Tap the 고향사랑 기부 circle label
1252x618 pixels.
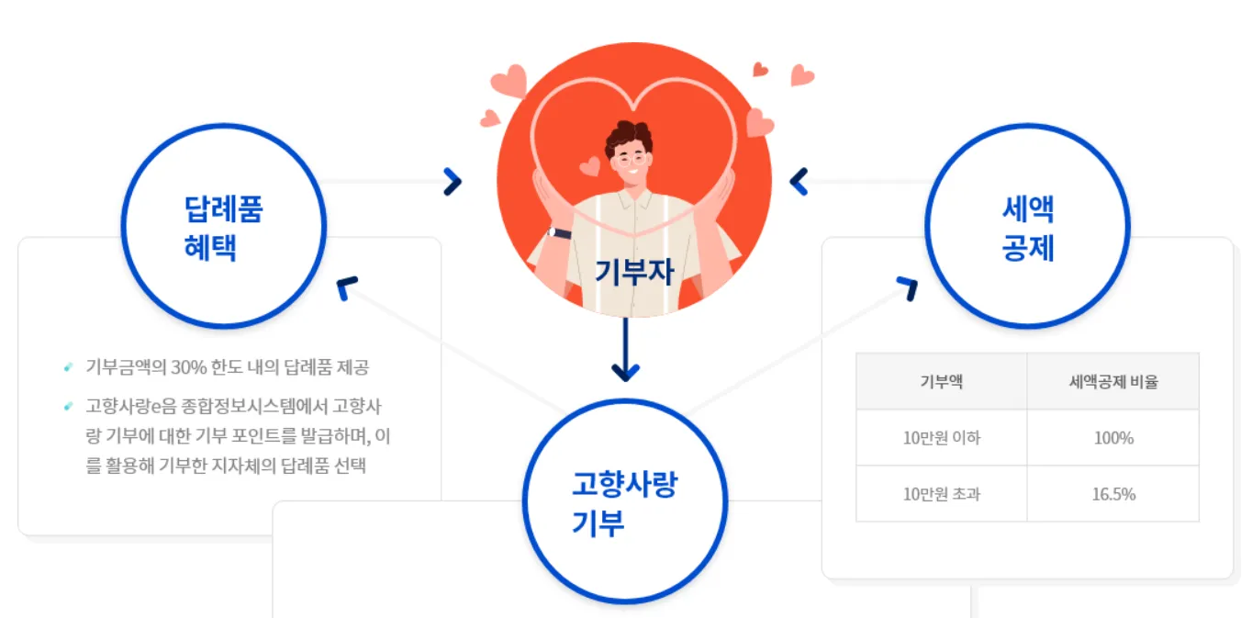coord(624,503)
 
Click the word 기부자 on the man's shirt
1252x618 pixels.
coord(634,272)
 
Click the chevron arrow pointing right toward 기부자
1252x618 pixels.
coord(452,182)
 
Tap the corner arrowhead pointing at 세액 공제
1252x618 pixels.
coord(907,287)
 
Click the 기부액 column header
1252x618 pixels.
coord(941,381)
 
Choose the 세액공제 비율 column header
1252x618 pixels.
coord(1112,381)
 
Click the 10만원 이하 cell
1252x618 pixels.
coord(941,438)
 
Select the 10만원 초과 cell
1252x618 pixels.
coord(941,494)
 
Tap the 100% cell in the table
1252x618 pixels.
coord(1112,438)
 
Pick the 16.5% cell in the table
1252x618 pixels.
coord(1112,494)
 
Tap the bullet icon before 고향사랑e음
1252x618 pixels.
coord(68,405)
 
